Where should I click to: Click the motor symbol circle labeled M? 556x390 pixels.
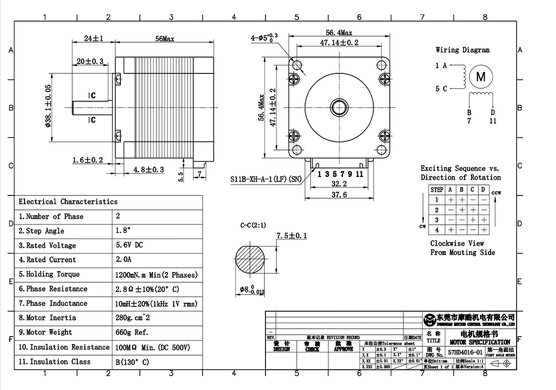(481, 77)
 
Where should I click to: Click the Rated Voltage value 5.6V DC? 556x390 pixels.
(129, 245)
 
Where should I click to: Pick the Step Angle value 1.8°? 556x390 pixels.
(123, 231)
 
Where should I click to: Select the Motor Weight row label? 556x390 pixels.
(45, 332)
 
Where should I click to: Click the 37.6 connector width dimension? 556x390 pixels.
(339, 195)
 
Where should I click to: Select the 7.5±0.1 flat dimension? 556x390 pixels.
(291, 236)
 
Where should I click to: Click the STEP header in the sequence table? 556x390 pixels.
(437, 189)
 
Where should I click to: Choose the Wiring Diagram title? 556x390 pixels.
(462, 50)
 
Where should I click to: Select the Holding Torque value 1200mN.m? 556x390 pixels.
(156, 275)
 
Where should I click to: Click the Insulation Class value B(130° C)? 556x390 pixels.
(133, 362)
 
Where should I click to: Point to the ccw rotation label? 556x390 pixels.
(496, 193)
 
